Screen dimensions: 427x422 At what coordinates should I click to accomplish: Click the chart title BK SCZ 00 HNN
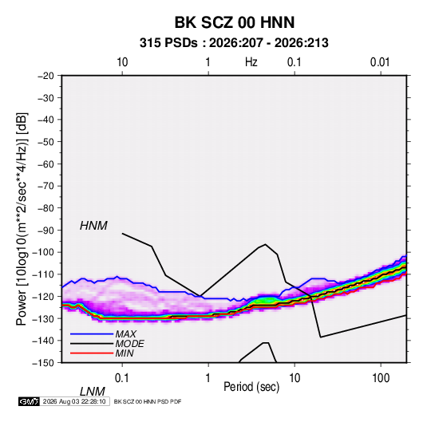234,22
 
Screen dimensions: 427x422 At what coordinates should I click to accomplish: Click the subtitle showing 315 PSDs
234,43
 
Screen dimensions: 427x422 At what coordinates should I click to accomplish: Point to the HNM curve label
93,226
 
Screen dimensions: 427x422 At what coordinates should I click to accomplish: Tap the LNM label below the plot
92,392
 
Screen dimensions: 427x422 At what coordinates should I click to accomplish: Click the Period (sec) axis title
251,387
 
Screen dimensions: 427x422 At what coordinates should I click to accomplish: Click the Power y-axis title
22,219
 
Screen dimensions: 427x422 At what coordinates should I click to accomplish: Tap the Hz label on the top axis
251,62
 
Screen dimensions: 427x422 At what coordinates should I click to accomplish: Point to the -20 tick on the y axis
45,76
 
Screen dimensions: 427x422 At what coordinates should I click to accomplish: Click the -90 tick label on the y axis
45,231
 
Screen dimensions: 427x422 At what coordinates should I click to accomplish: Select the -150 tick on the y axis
43,363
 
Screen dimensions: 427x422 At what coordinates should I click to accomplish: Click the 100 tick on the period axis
381,378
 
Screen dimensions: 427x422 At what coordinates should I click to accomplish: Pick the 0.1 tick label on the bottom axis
122,378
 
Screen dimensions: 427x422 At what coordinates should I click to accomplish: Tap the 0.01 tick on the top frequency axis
380,62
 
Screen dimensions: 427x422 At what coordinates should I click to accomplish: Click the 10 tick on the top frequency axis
122,62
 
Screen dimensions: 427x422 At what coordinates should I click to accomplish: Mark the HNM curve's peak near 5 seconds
265,244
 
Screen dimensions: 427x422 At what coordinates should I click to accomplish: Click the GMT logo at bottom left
30,401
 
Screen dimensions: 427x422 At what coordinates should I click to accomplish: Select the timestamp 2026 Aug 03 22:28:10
74,401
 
